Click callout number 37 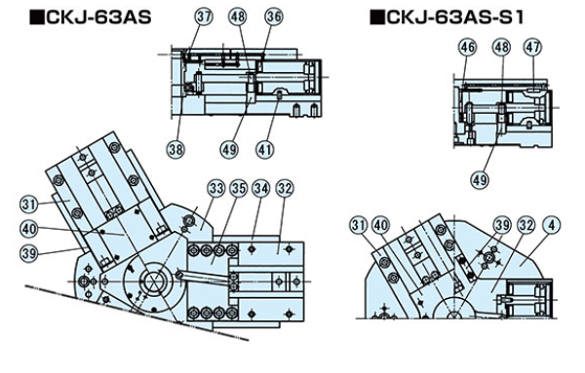(x=204, y=17)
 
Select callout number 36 (x=273, y=17)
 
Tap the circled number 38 (x=175, y=149)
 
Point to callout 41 (x=264, y=149)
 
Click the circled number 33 (x=216, y=189)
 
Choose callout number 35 (x=239, y=189)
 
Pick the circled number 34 (x=261, y=189)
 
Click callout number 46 (x=468, y=48)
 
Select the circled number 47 (x=532, y=48)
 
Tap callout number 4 (x=552, y=225)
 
